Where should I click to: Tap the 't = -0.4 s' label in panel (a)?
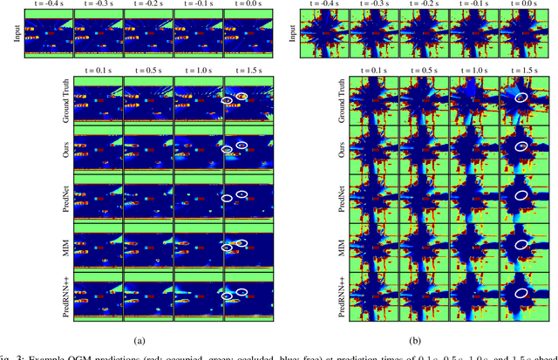(46, 4)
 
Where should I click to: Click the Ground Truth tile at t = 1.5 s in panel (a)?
(248, 98)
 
